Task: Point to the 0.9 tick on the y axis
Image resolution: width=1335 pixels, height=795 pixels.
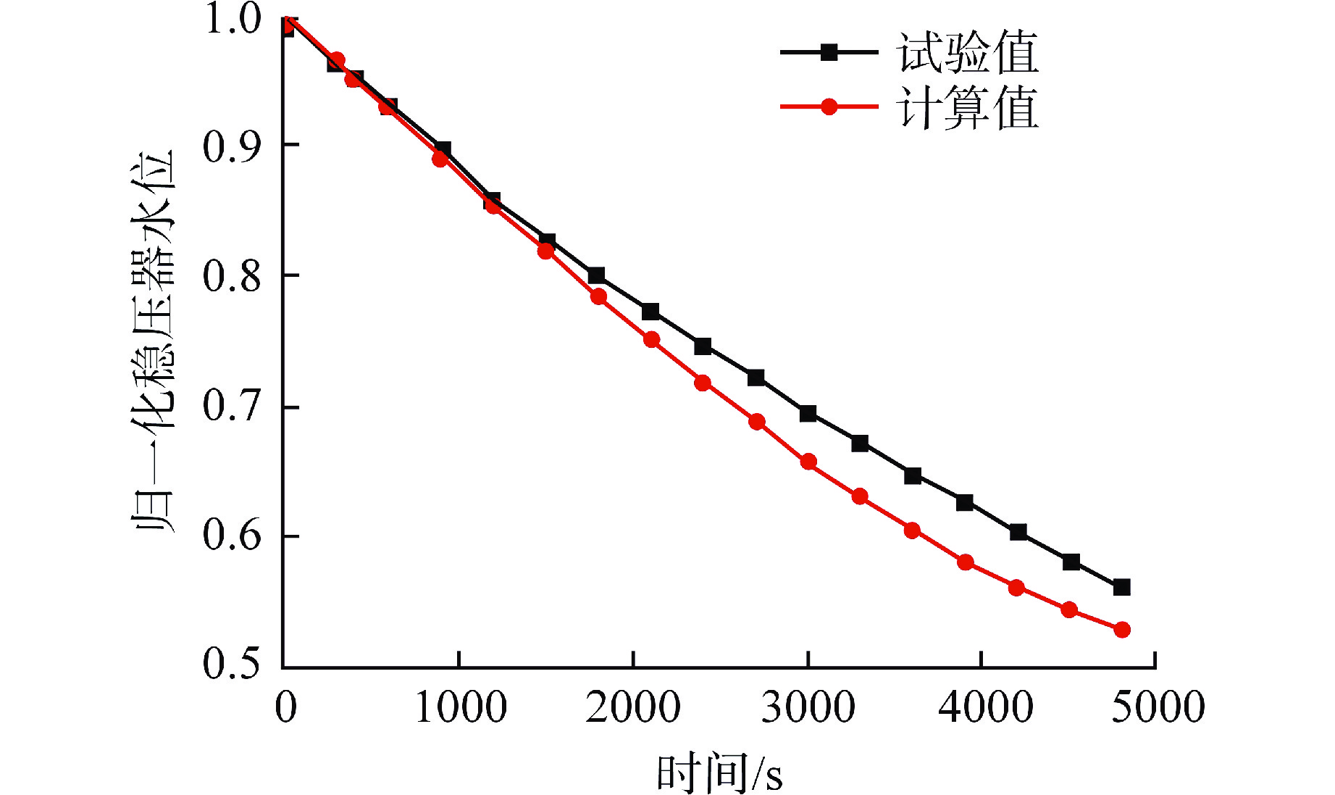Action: (x=231, y=146)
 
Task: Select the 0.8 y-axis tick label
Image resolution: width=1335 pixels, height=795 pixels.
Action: (x=231, y=276)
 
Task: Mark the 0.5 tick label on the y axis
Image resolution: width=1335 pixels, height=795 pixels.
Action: (x=231, y=662)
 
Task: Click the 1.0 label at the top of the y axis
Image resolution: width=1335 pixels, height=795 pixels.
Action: (x=233, y=19)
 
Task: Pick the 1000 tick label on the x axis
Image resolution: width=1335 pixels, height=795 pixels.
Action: (x=461, y=707)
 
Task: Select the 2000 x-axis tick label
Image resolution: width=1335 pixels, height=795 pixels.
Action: (x=633, y=707)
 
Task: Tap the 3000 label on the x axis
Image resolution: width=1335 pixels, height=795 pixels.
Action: (x=808, y=707)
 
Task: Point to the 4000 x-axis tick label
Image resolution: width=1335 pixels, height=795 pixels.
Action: (x=985, y=707)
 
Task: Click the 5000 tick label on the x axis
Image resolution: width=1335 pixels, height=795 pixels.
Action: (x=1158, y=707)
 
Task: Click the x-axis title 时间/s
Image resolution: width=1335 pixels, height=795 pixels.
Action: (x=719, y=773)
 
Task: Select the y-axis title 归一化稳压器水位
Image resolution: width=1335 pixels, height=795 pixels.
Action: (x=154, y=341)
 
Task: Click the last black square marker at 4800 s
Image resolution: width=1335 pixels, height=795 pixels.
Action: (x=1121, y=587)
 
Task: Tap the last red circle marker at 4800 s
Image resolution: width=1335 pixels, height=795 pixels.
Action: (x=1122, y=630)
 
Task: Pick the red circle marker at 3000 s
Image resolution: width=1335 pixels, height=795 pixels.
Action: (x=808, y=462)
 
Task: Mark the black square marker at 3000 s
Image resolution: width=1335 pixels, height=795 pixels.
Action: (x=808, y=414)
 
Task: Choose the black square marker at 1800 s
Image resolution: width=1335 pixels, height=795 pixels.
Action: (x=596, y=275)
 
